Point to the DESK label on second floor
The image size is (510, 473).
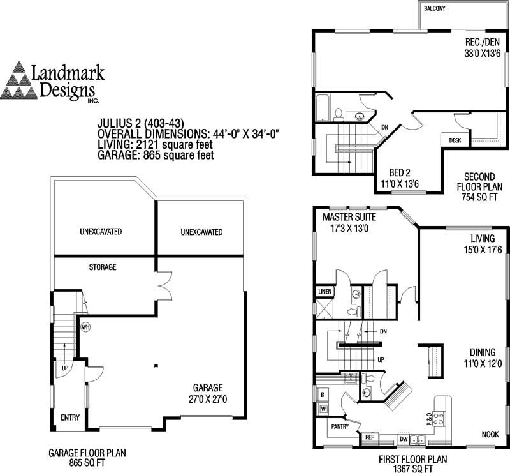455,140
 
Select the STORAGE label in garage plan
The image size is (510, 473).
103,267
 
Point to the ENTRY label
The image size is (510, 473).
69,418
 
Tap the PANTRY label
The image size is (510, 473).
337,424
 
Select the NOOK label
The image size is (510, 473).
490,434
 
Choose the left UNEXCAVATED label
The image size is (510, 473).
101,231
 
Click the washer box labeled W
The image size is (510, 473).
323,408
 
